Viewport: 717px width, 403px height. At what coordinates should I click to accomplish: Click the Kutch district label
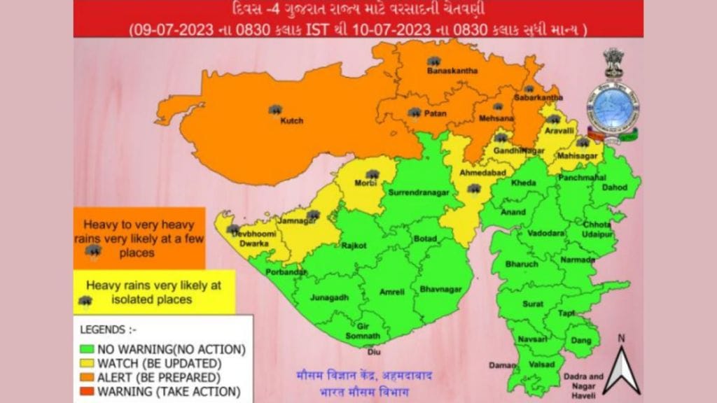coord(291,121)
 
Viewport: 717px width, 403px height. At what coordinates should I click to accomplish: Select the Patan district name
coord(436,113)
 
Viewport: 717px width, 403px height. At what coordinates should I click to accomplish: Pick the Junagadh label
coord(329,297)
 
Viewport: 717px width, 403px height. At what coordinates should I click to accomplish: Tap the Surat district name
coord(532,304)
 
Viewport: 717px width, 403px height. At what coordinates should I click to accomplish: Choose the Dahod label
coord(615,188)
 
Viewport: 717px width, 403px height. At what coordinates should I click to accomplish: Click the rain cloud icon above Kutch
coord(275,110)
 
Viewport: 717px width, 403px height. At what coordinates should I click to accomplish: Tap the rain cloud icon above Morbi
coord(373,174)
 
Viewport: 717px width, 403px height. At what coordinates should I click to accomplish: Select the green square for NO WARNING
coord(88,348)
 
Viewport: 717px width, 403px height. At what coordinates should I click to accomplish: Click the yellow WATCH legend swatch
coord(88,363)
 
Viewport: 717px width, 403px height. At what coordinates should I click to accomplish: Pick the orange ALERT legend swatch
coord(88,377)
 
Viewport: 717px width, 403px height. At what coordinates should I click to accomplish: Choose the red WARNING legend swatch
coord(88,391)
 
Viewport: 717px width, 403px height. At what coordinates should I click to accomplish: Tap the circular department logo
coord(612,108)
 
